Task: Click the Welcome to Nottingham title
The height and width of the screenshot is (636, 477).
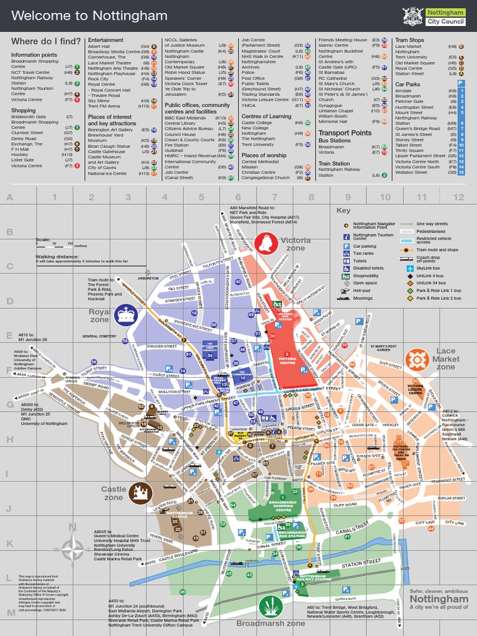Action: pyautogui.click(x=89, y=16)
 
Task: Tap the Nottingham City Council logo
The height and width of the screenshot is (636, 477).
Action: pyautogui.click(x=433, y=16)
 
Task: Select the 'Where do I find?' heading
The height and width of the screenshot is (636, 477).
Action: pyautogui.click(x=46, y=41)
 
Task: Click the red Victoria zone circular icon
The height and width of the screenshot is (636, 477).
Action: pyautogui.click(x=265, y=243)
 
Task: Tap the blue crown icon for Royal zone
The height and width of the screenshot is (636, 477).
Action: pyautogui.click(x=126, y=314)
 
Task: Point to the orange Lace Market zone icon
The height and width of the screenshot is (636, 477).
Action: pyautogui.click(x=417, y=360)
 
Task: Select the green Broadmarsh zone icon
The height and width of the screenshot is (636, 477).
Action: pyautogui.click(x=271, y=605)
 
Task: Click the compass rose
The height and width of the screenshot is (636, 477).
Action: pyautogui.click(x=73, y=549)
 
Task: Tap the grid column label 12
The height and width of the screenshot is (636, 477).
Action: pyautogui.click(x=458, y=198)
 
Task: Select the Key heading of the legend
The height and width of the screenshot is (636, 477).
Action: pyautogui.click(x=343, y=211)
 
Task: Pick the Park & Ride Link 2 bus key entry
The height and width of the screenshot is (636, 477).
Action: pyautogui.click(x=438, y=299)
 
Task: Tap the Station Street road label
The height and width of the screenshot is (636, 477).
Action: pyautogui.click(x=360, y=563)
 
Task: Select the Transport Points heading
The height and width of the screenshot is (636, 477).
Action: pyautogui.click(x=345, y=133)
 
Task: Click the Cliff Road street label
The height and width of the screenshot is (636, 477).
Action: pyautogui.click(x=345, y=505)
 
